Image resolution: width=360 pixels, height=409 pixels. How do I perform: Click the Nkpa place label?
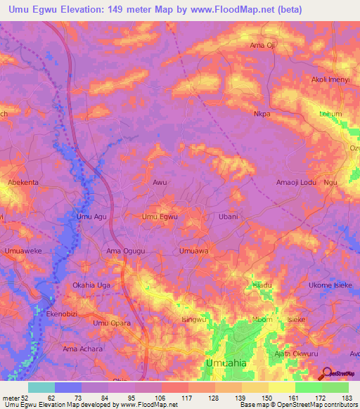pos(262,112)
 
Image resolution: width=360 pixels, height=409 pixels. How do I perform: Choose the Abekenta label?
pos(23,182)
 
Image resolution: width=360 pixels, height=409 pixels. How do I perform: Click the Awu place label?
pos(160,182)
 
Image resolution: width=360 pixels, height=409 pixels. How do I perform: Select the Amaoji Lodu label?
pos(295,182)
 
